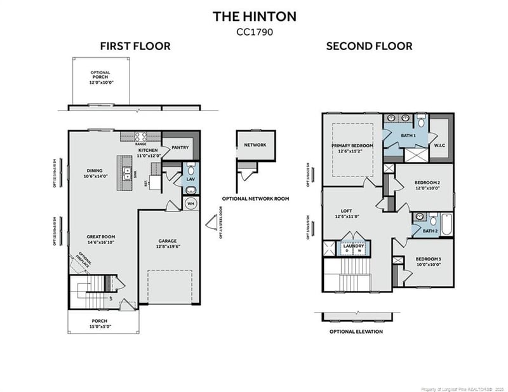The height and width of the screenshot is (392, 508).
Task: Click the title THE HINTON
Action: click(x=254, y=15)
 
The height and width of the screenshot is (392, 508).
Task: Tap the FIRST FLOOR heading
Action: click(x=135, y=46)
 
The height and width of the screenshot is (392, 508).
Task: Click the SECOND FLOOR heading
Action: click(x=369, y=46)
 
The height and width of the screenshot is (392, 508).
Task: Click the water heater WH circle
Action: click(x=190, y=203)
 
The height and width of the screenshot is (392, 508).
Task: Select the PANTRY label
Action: click(x=180, y=147)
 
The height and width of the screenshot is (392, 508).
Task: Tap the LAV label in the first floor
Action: click(x=190, y=180)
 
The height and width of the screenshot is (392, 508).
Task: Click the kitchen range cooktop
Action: click(x=141, y=135)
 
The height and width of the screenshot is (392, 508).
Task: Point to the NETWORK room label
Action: click(x=255, y=145)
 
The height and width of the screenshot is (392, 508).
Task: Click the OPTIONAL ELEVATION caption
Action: click(x=356, y=331)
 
